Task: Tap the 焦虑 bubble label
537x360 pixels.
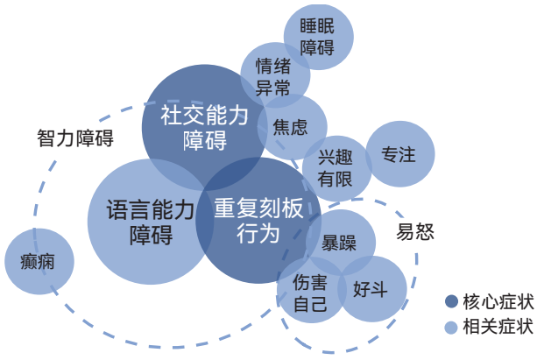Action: pyautogui.click(x=290, y=126)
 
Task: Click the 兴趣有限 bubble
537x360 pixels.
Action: pyautogui.click(x=335, y=168)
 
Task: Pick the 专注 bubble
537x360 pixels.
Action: pyautogui.click(x=399, y=154)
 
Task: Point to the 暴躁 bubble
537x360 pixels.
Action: pyautogui.click(x=338, y=243)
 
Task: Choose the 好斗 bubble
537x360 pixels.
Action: pyautogui.click(x=372, y=289)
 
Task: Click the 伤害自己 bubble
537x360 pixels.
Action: pyautogui.click(x=311, y=294)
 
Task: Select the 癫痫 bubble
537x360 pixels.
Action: pyautogui.click(x=39, y=261)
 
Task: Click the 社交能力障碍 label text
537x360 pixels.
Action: pyautogui.click(x=204, y=127)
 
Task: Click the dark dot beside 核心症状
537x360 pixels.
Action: pyautogui.click(x=451, y=300)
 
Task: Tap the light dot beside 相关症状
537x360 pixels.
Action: pyautogui.click(x=451, y=327)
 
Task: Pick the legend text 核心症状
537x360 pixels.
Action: pyautogui.click(x=498, y=300)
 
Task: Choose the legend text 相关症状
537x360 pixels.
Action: pyautogui.click(x=498, y=327)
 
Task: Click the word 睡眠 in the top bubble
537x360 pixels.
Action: pyautogui.click(x=319, y=25)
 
